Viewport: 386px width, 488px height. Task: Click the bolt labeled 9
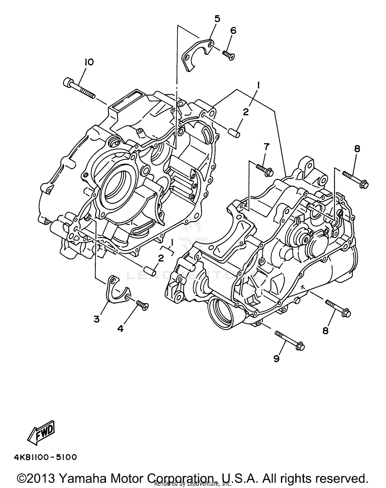(290, 340)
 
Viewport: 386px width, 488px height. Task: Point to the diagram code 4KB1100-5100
(45, 457)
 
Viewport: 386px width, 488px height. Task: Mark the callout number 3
(97, 319)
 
